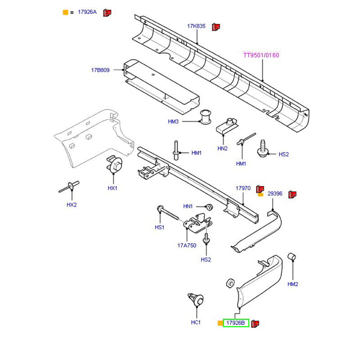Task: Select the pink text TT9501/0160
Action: point(261,55)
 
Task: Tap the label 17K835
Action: point(196,27)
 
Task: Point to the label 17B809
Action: point(100,70)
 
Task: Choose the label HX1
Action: point(112,188)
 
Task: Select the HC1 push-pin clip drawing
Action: point(196,300)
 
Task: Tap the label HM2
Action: point(293,284)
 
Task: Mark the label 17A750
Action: point(187,246)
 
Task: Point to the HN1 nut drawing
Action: point(208,207)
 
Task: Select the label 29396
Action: point(275,194)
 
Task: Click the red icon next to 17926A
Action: point(107,12)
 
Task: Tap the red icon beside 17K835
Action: point(216,27)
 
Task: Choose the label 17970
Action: point(243,188)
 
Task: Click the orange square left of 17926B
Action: point(220,323)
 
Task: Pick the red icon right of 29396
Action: point(292,194)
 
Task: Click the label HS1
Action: point(159,228)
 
